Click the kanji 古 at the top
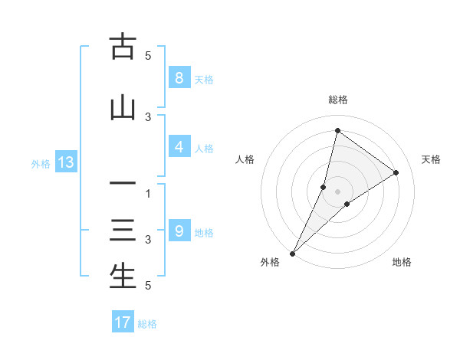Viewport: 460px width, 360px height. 123,47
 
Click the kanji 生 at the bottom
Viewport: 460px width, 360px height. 123,277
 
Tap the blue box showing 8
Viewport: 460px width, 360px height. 179,77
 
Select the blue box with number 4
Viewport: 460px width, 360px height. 179,147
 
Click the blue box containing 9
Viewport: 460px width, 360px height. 179,231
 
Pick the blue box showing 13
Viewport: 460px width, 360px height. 65,162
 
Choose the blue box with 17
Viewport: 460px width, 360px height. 123,322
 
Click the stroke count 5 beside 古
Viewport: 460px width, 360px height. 148,56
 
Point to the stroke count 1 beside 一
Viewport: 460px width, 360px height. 148,194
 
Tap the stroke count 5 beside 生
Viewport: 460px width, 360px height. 148,286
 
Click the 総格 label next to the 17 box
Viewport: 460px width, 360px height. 147,324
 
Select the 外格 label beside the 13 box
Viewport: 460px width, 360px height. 41,163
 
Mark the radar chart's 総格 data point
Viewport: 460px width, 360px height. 337,130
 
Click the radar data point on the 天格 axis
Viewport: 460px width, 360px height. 396,172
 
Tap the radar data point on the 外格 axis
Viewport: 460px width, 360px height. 292,253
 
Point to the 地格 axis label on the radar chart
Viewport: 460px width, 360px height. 402,262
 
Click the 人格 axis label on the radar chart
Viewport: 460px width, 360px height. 245,159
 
